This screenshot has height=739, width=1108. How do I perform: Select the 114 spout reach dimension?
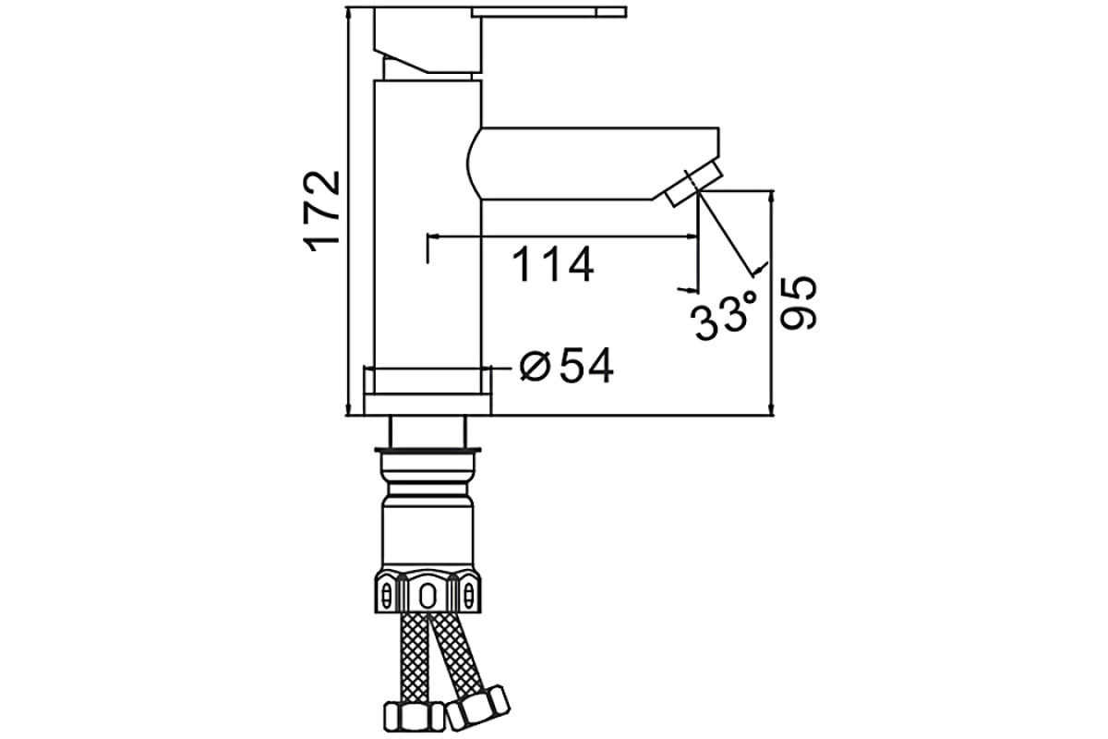pos(552,264)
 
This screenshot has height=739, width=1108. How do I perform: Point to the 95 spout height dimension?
pos(798,303)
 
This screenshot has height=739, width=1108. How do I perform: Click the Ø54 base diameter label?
pos(567,366)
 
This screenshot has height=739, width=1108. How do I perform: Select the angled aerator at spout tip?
pos(694,188)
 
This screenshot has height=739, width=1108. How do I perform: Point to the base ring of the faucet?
pos(428,405)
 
